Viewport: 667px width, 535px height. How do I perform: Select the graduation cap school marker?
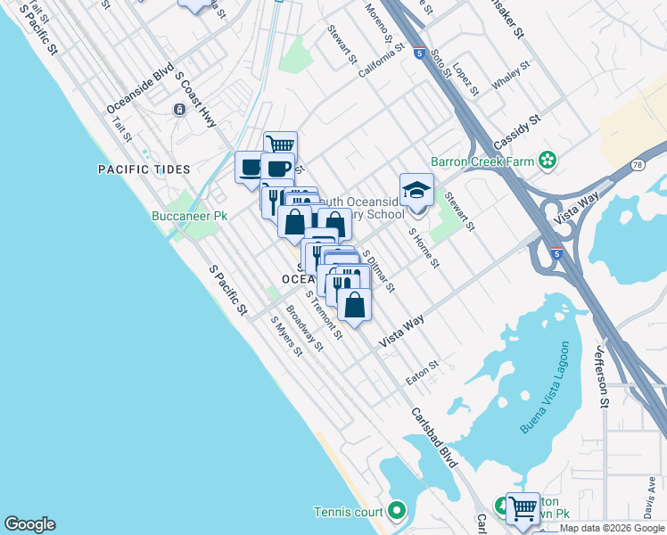[x=416, y=190]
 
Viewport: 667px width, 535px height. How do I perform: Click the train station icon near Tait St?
[x=179, y=109]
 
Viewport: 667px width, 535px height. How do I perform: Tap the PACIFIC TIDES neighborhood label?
[x=145, y=169]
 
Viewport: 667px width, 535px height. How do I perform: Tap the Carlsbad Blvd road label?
[x=434, y=438]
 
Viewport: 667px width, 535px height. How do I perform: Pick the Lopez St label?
[x=465, y=78]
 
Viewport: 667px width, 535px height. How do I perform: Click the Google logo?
[x=29, y=524]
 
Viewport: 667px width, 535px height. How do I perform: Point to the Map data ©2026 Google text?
[x=612, y=528]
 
